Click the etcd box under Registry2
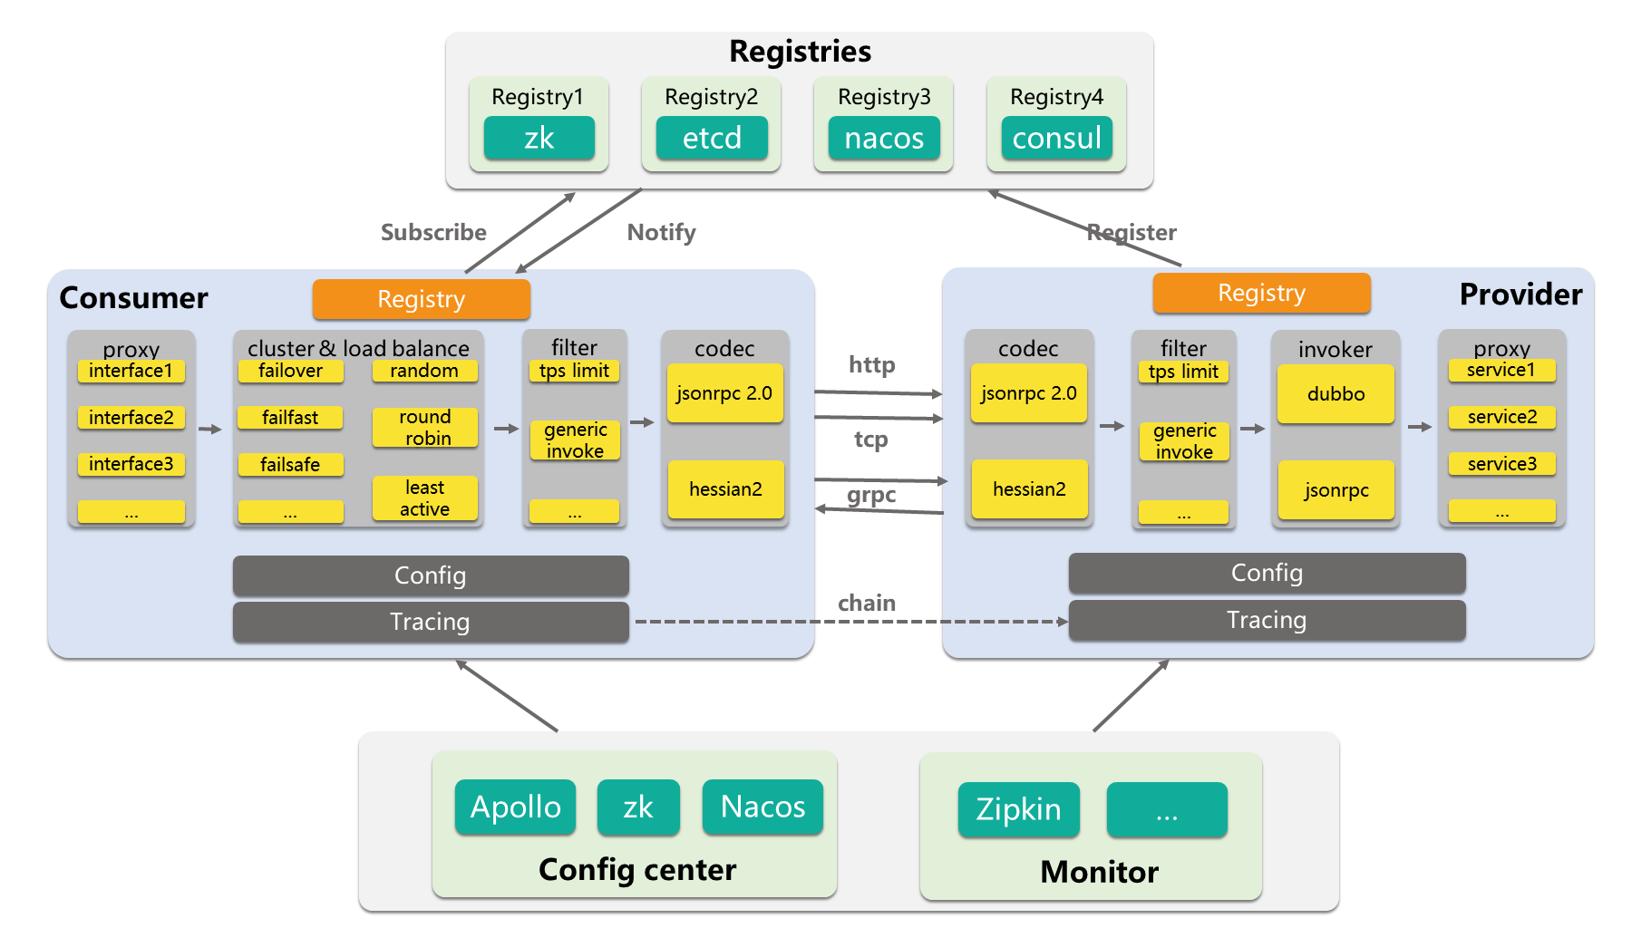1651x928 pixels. tap(712, 138)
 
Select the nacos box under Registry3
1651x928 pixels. tap(884, 138)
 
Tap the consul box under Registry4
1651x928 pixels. tap(1057, 138)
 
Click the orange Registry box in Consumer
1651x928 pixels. tap(422, 299)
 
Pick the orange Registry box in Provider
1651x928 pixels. tap(1261, 293)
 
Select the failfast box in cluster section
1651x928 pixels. tap(290, 418)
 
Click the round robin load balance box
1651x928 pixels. tap(425, 428)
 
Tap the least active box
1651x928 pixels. tap(425, 498)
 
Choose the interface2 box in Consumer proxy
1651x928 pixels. tap(131, 418)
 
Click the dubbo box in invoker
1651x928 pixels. tap(1335, 393)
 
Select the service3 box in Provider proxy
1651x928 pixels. tap(1502, 464)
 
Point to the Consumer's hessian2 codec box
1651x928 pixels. tap(725, 489)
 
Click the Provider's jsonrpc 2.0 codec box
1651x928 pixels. tap(1029, 393)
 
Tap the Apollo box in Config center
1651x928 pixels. tap(516, 807)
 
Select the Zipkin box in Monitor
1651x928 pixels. tap(1019, 809)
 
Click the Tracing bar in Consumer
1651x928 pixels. tap(431, 622)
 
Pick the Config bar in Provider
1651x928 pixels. tap(1267, 573)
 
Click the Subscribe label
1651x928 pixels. tap(433, 233)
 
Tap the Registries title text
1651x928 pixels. tap(801, 52)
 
